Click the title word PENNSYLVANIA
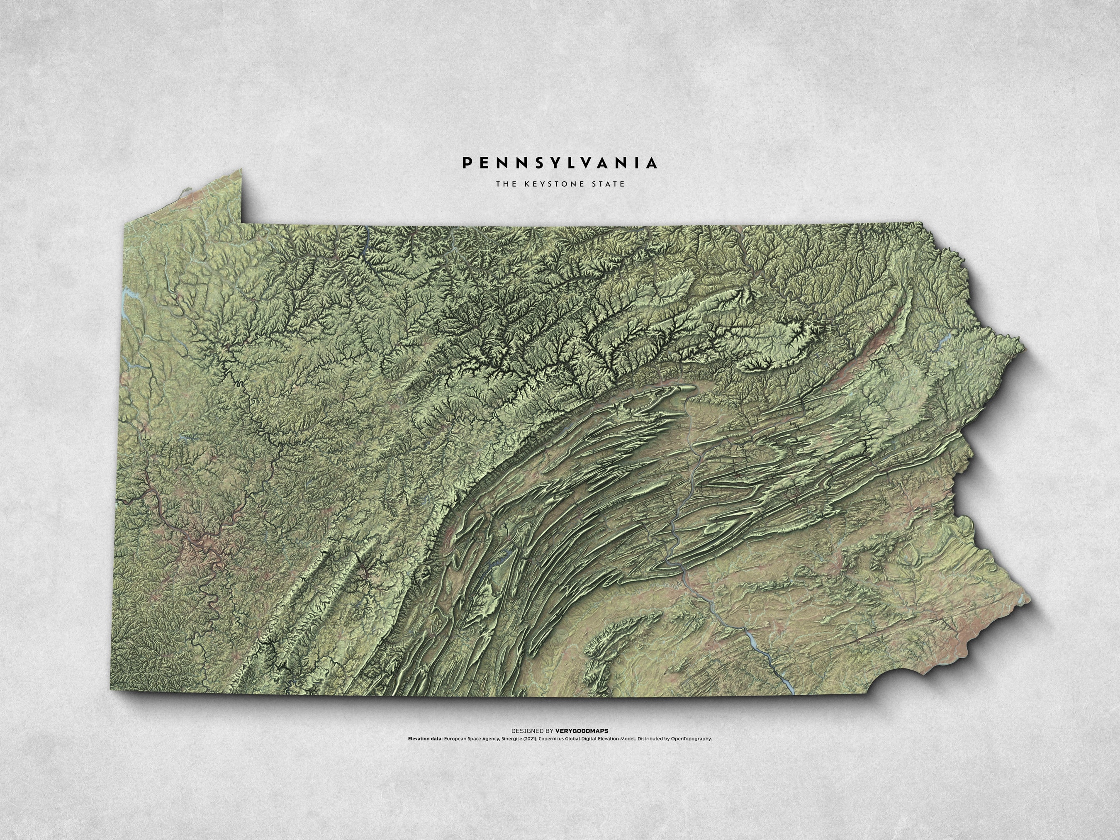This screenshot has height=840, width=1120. (x=560, y=163)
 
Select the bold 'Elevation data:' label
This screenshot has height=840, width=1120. (x=425, y=738)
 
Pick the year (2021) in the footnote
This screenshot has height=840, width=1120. (x=530, y=738)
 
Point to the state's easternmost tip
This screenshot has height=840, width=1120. (x=1028, y=600)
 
